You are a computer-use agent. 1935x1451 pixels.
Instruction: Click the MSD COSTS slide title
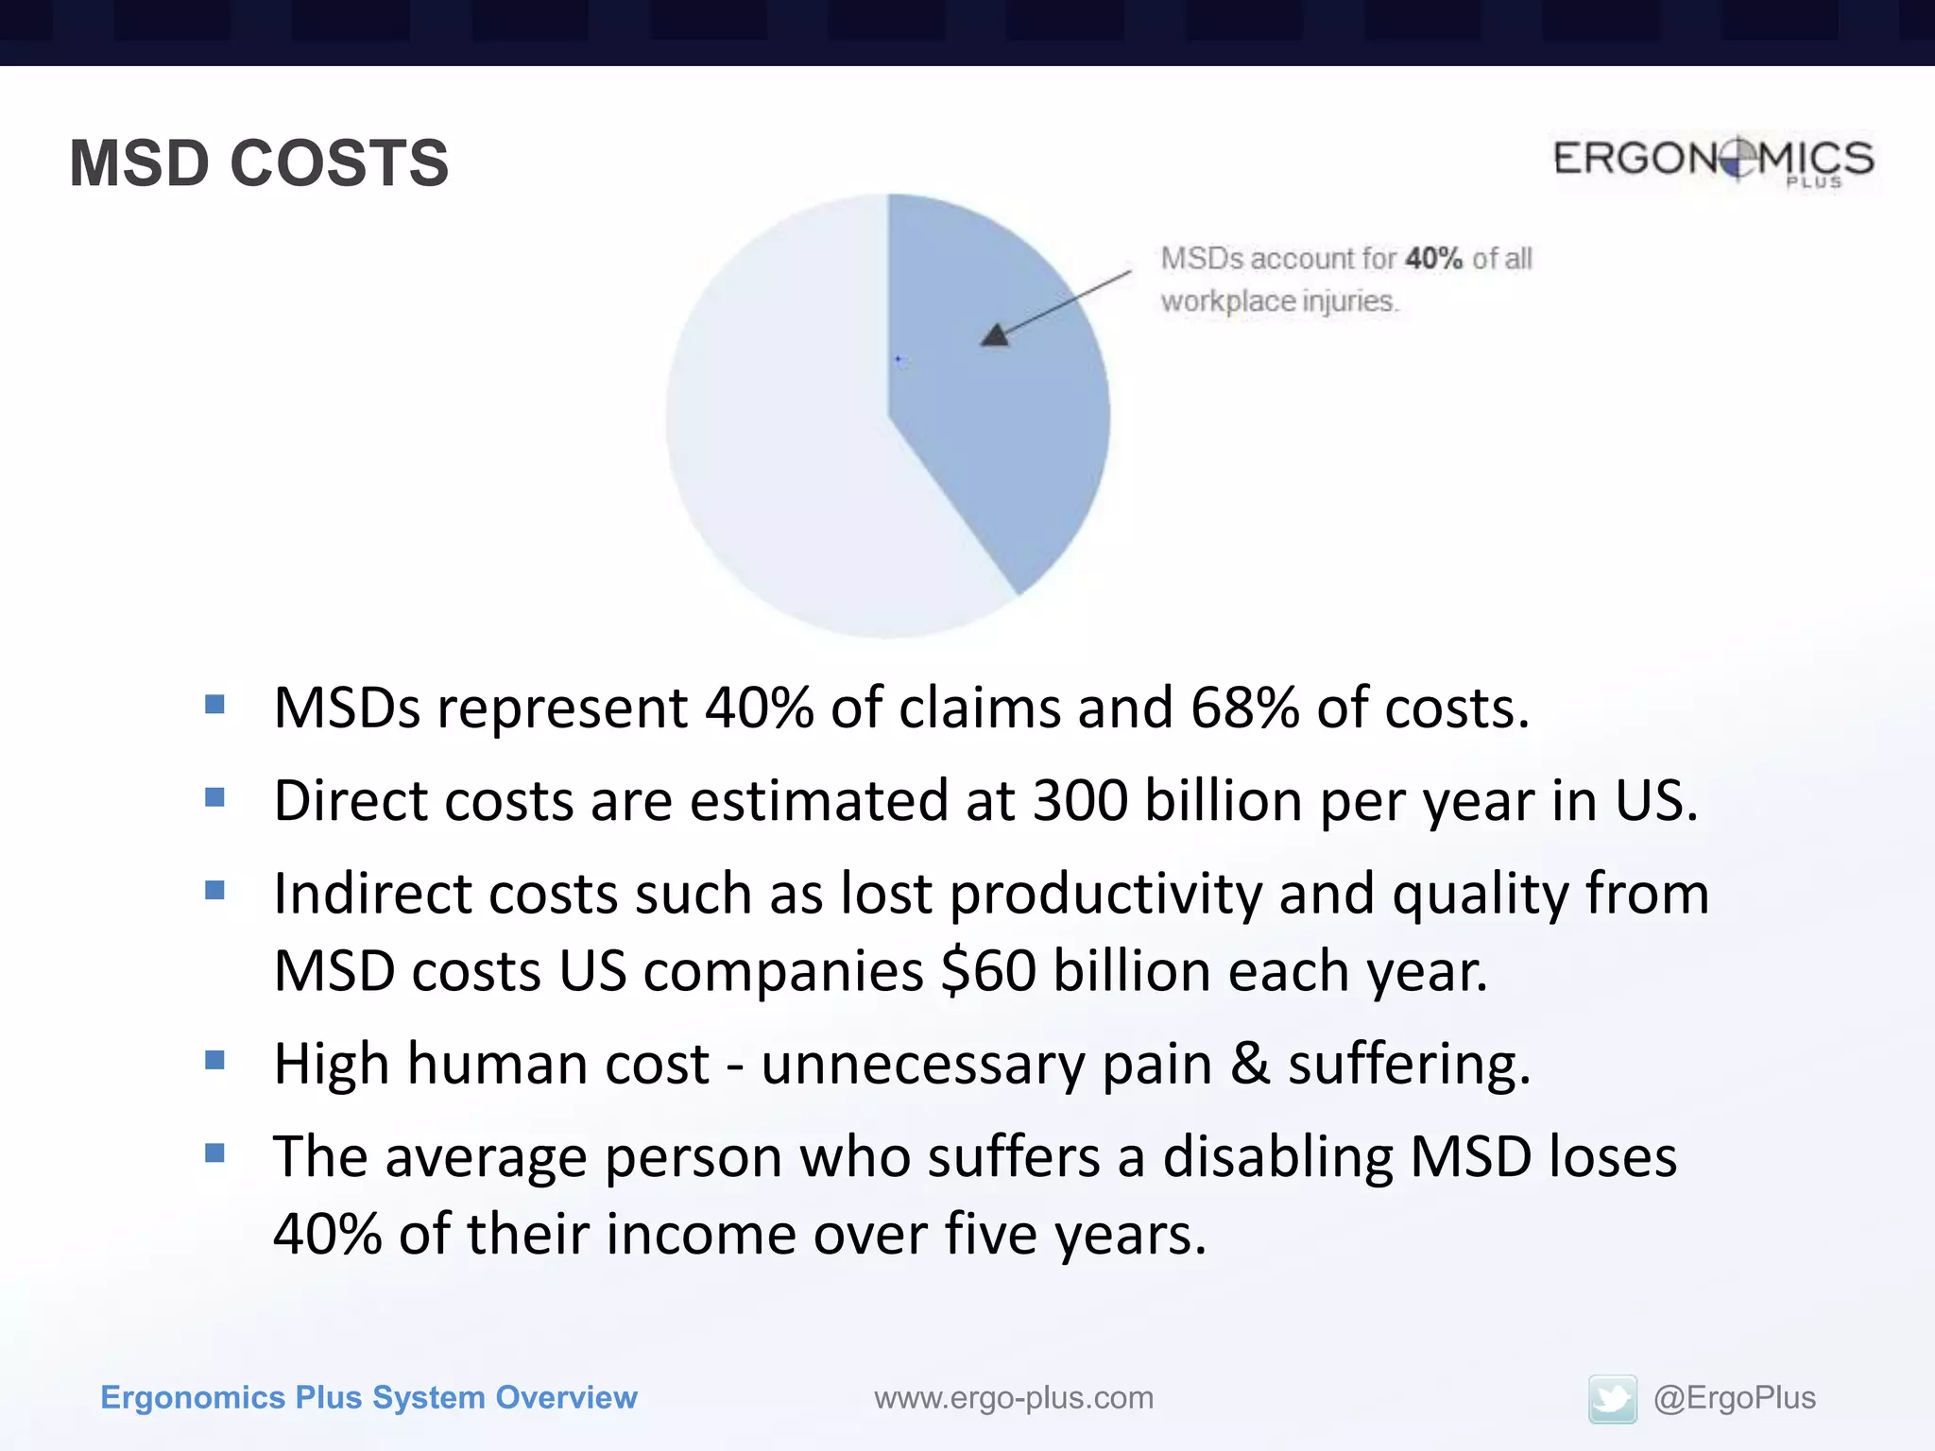pos(259,163)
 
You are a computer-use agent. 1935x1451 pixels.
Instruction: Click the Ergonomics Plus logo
pos(1713,161)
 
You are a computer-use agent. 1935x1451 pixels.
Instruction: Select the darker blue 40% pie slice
pos(1002,425)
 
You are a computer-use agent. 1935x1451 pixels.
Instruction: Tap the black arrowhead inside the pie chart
pos(994,335)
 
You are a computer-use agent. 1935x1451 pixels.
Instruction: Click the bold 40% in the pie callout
pos(1433,258)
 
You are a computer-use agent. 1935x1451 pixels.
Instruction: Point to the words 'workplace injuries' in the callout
pos(1278,301)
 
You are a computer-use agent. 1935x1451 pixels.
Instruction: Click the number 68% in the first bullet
pos(1244,708)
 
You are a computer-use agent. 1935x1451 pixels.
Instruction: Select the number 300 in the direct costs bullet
pos(1080,801)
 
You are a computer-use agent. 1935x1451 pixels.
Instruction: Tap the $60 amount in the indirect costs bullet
pos(988,971)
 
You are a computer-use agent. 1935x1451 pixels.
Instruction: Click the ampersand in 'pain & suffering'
pos(1250,1064)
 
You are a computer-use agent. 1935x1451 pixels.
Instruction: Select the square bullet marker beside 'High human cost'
pos(215,1060)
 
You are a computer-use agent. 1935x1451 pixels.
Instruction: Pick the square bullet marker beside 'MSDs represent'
pos(215,704)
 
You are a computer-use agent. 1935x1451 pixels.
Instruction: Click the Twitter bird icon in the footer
pos(1612,1399)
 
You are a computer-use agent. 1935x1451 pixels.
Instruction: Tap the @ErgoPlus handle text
pos(1734,1397)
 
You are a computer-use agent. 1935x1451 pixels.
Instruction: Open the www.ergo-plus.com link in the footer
pos(1013,1398)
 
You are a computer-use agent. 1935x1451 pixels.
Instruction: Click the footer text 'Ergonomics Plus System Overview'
pos(368,1397)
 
